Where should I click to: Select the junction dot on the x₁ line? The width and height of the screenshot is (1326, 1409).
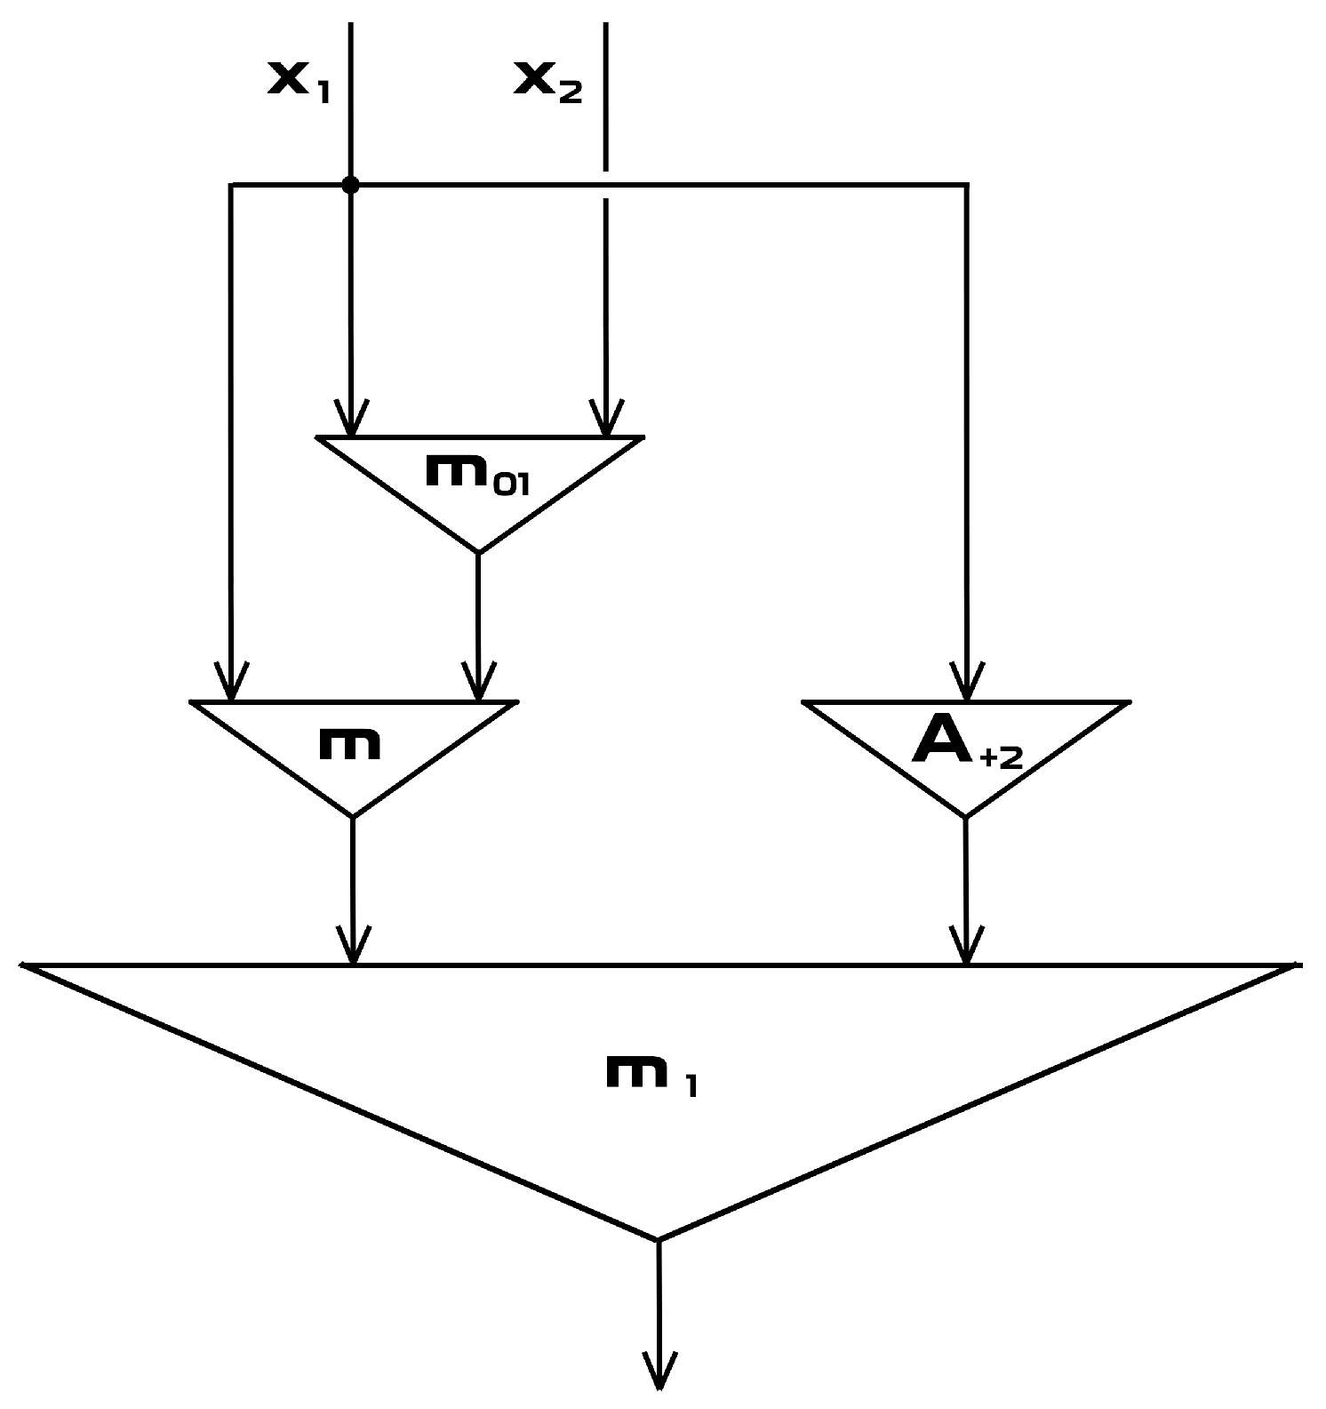pos(350,185)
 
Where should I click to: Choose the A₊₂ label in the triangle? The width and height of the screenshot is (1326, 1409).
pos(967,745)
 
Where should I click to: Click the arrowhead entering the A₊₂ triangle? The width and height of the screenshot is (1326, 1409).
pos(967,684)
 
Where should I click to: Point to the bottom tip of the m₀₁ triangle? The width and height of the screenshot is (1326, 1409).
pos(478,551)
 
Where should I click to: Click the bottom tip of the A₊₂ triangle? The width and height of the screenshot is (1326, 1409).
pos(966,815)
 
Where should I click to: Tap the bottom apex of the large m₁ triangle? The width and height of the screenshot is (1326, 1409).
pos(658,1238)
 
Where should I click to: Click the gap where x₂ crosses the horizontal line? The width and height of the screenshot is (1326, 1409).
pos(605,185)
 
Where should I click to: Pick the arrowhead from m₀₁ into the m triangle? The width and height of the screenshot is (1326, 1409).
pos(478,684)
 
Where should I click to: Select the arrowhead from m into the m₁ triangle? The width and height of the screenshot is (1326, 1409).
pos(353,947)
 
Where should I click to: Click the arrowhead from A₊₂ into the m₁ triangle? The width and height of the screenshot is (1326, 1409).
pos(967,947)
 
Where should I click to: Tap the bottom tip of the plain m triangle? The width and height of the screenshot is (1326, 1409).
pos(353,815)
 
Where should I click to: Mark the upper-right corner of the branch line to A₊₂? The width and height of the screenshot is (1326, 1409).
pos(967,185)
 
